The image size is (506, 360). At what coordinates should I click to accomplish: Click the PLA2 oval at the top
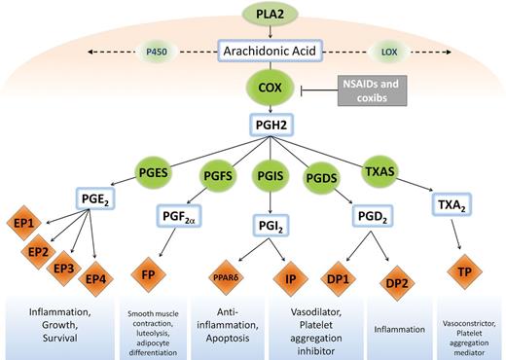[x=270, y=15]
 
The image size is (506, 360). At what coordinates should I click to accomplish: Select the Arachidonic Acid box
[x=270, y=51]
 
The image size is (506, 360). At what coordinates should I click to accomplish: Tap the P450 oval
[x=157, y=52]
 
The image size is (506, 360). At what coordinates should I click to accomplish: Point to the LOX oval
[x=389, y=52]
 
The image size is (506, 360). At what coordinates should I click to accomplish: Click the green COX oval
[x=270, y=88]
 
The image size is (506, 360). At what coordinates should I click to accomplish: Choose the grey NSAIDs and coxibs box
[x=372, y=90]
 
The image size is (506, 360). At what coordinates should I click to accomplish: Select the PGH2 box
[x=271, y=125]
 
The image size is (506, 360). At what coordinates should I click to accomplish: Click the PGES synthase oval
[x=153, y=172]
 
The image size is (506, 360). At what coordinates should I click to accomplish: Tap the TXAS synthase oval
[x=379, y=171]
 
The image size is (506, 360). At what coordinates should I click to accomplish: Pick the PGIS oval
[x=271, y=176]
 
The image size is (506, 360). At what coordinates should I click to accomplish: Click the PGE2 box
[x=95, y=198]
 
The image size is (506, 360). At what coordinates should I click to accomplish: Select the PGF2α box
[x=179, y=216]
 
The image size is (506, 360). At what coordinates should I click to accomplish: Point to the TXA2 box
[x=452, y=204]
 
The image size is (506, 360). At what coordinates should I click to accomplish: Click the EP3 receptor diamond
[x=63, y=269]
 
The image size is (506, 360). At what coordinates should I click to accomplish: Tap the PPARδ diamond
[x=226, y=277]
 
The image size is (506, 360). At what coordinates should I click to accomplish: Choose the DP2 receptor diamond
[x=397, y=283]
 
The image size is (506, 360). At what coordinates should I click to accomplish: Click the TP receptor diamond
[x=464, y=271]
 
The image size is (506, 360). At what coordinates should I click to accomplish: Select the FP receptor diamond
[x=148, y=274]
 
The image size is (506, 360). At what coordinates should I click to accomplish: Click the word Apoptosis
[x=228, y=339]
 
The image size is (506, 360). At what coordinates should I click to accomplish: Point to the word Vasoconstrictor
[x=469, y=323]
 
